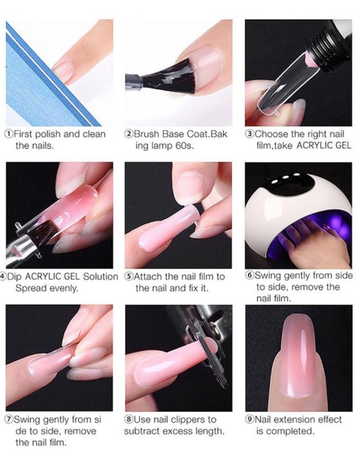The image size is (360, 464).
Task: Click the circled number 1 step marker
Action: point(8,134)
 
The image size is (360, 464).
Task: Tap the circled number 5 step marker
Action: point(129,276)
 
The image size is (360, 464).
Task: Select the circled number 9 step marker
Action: point(250,420)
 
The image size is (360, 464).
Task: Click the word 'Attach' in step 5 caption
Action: point(148,276)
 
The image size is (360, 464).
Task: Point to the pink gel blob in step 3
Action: point(308,61)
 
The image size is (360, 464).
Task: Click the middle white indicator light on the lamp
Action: point(285,178)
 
